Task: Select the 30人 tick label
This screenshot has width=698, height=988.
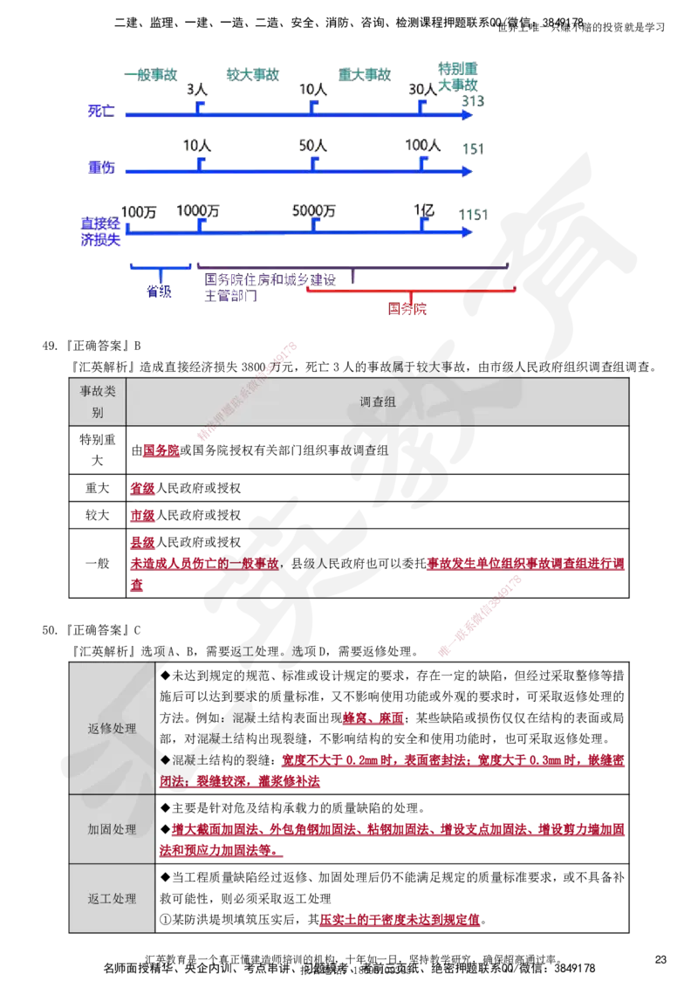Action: (422, 90)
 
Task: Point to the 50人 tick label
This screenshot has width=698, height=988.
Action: (311, 147)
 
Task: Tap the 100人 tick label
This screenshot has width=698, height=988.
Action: (422, 147)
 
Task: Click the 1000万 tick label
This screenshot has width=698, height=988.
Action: (198, 211)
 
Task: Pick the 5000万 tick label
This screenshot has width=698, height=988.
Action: (314, 211)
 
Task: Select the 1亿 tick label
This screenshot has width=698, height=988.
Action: (425, 211)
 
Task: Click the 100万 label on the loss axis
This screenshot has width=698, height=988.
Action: (140, 211)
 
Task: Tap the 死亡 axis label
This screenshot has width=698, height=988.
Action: (101, 111)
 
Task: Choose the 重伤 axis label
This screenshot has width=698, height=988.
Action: (101, 168)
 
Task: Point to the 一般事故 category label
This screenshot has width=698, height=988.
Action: (150, 75)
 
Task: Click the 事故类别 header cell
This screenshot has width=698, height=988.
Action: (97, 401)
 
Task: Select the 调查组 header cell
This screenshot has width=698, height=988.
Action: (378, 401)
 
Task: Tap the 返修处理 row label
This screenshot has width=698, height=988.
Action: (112, 729)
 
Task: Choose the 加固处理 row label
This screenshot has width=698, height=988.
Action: (112, 829)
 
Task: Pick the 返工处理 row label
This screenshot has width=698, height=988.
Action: (112, 898)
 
